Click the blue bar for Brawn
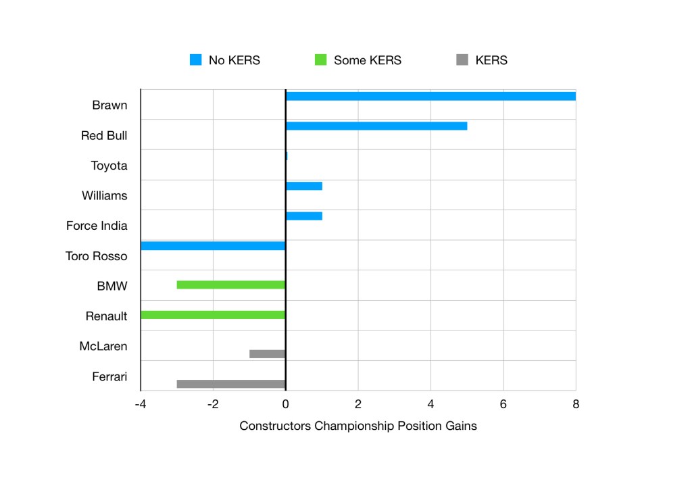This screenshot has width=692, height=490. pyautogui.click(x=430, y=96)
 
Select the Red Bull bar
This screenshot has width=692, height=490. pyautogui.click(x=376, y=126)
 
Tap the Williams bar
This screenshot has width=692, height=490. pyautogui.click(x=303, y=186)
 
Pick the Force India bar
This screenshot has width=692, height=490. pyautogui.click(x=303, y=216)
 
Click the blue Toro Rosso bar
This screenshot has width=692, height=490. pyautogui.click(x=213, y=246)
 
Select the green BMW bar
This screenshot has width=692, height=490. pyautogui.click(x=231, y=285)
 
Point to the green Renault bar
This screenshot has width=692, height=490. pyautogui.click(x=213, y=315)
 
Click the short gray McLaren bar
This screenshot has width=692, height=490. pyautogui.click(x=267, y=353)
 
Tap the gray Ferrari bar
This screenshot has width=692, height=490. pyautogui.click(x=231, y=384)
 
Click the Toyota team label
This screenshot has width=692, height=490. pyautogui.click(x=109, y=166)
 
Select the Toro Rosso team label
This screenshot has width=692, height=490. pyautogui.click(x=96, y=256)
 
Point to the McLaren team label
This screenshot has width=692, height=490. pyautogui.click(x=103, y=347)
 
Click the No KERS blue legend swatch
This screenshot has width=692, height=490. pyautogui.click(x=196, y=60)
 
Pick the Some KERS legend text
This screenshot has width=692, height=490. pyautogui.click(x=367, y=60)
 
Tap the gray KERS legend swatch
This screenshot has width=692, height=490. pyautogui.click(x=462, y=60)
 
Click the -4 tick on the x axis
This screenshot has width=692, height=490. pyautogui.click(x=141, y=404)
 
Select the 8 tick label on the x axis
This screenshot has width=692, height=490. pyautogui.click(x=575, y=404)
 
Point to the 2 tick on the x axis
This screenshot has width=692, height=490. pyautogui.click(x=358, y=404)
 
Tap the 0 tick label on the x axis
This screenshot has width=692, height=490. pyautogui.click(x=285, y=404)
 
